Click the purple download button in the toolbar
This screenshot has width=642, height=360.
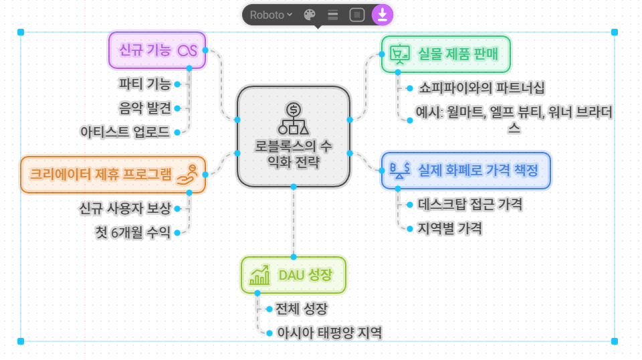coord(383,14)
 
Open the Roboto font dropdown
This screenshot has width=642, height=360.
coord(271,14)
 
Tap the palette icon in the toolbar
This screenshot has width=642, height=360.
coord(310,14)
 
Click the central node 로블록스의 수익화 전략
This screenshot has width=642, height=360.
coord(294,136)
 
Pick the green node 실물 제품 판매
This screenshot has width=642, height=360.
coord(446,54)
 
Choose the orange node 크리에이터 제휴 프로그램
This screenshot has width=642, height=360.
coord(112,174)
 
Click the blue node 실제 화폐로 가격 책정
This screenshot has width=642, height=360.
coord(466,170)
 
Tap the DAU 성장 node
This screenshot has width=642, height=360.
coord(294,274)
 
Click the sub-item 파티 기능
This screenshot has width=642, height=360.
coord(144,84)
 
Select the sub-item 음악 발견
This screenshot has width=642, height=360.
coord(144,108)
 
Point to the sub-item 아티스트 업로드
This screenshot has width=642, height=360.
coord(124,132)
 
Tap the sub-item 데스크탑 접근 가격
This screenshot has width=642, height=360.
coord(469,205)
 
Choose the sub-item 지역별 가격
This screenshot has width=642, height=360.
coord(449,228)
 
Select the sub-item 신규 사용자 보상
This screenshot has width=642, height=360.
coord(125,208)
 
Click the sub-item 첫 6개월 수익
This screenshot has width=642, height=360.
coord(133,233)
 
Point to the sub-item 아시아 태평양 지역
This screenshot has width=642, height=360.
coord(329,333)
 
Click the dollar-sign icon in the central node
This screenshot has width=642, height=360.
coord(293,109)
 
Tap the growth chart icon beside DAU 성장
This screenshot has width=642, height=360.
coord(259,275)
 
